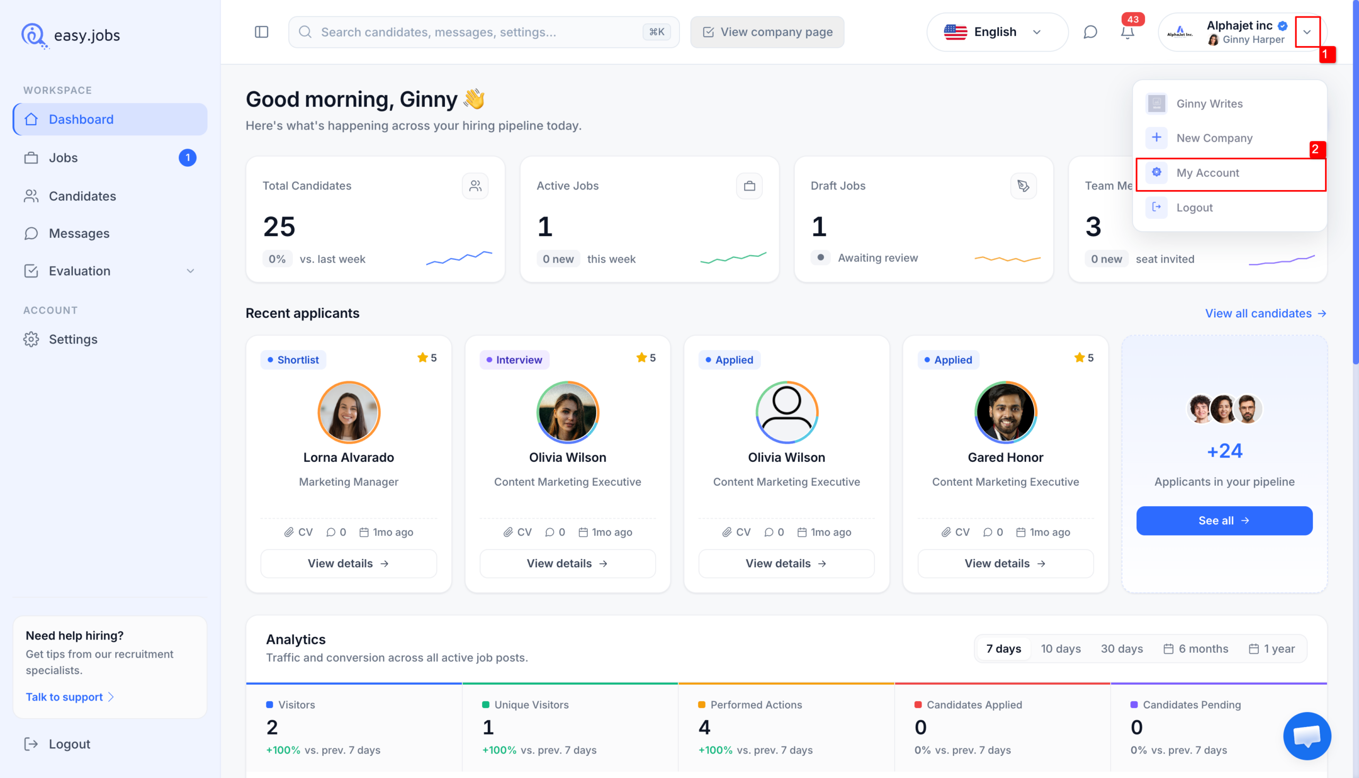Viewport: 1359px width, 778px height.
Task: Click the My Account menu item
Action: point(1230,173)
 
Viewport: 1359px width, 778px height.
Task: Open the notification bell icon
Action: point(1127,32)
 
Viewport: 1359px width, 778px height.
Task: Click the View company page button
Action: point(767,32)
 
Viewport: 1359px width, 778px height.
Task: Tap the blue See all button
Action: point(1224,521)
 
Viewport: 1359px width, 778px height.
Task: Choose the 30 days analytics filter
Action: point(1121,649)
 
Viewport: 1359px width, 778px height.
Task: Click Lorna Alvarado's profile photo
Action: point(348,412)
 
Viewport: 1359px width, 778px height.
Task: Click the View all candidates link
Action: point(1265,313)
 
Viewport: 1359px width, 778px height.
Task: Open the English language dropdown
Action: point(996,32)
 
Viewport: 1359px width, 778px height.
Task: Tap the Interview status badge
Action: point(514,360)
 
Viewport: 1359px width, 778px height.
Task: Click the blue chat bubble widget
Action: point(1306,736)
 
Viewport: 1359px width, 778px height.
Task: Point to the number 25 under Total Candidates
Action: point(279,227)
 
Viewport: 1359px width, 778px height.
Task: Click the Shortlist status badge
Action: point(293,360)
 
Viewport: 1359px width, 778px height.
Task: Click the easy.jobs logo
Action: point(71,35)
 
